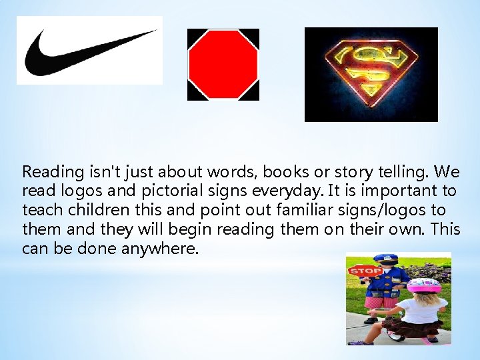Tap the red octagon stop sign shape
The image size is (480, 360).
(223, 64)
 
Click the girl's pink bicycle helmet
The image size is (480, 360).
(423, 287)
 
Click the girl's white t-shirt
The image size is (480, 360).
(423, 307)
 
